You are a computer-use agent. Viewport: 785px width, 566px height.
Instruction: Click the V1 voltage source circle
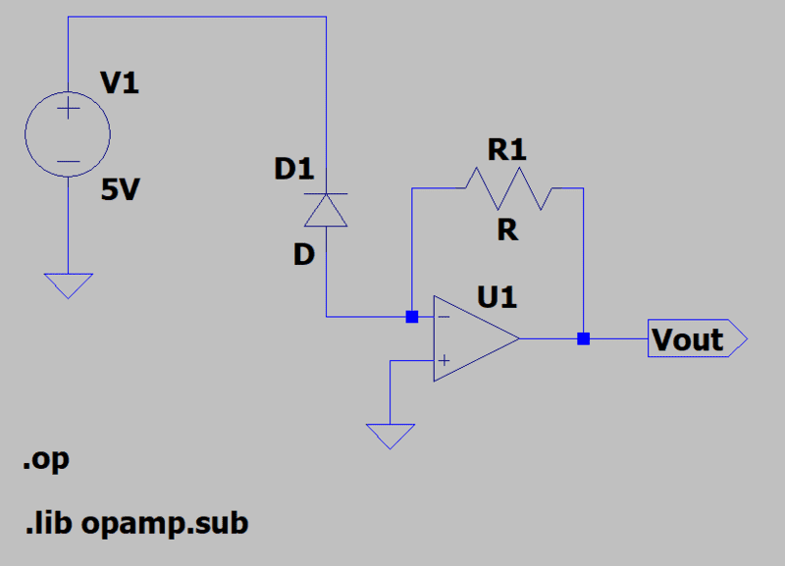67,134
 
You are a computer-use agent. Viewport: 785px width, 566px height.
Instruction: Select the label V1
120,84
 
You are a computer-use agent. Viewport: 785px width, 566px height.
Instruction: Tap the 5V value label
121,189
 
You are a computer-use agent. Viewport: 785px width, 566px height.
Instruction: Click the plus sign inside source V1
67,110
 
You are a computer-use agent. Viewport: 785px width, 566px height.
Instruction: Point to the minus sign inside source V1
67,160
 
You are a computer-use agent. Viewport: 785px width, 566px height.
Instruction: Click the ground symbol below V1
67,284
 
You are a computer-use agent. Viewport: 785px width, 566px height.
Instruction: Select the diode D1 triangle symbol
326,209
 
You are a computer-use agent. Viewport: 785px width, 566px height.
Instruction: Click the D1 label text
293,170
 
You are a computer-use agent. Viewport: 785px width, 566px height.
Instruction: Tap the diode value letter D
303,255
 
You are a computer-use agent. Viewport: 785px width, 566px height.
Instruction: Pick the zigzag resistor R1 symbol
508,187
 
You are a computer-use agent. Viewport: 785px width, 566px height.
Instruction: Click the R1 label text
507,150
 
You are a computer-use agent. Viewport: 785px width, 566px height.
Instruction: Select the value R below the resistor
507,231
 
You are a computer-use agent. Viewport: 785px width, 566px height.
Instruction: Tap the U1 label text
497,296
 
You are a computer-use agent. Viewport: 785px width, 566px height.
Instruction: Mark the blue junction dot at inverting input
412,317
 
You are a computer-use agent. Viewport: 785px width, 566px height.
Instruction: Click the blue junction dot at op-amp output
584,338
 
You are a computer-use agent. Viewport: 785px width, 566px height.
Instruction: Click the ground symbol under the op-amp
391,435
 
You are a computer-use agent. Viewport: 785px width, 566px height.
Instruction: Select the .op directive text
46,459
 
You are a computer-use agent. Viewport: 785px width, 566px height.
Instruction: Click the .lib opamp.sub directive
136,523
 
